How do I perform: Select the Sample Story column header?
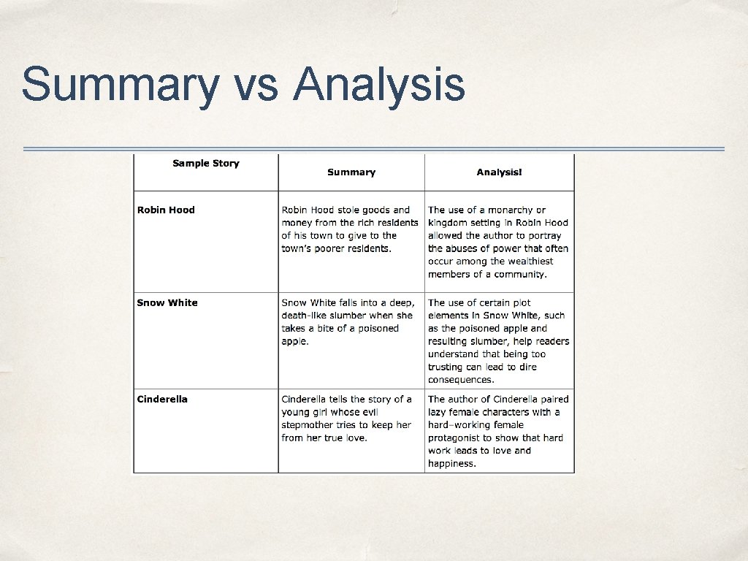pos(205,163)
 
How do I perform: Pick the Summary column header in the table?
pos(351,172)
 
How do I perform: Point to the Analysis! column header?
pos(499,172)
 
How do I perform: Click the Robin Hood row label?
pos(166,210)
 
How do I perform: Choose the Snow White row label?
pos(167,302)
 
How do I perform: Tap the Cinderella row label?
pos(162,399)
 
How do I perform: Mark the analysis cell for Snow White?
pos(498,340)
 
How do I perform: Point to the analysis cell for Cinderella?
pos(498,431)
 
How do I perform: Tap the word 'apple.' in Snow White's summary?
pos(295,341)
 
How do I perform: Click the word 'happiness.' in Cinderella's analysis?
pos(452,463)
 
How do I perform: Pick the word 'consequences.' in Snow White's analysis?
pos(461,379)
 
